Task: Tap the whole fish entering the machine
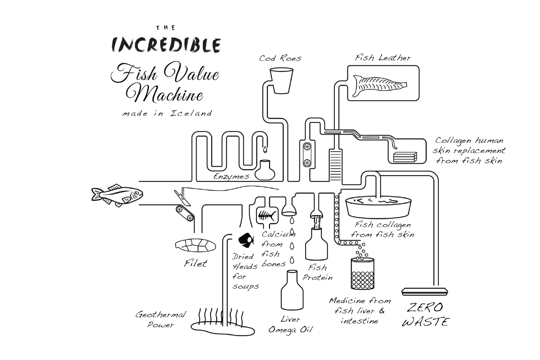[x=117, y=195]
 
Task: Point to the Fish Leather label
[x=382, y=58]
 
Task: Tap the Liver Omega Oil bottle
[x=292, y=292]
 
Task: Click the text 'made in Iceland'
[x=166, y=114]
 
